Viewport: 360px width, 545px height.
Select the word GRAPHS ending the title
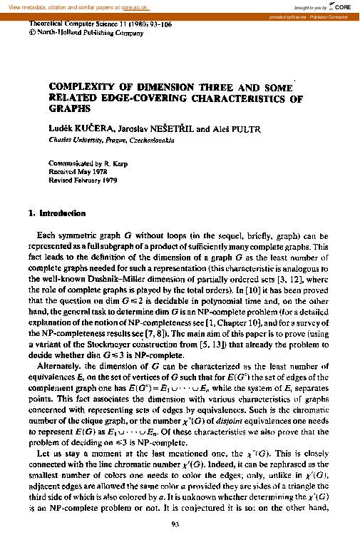(70, 111)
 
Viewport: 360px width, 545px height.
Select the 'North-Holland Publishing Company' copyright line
(82, 33)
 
